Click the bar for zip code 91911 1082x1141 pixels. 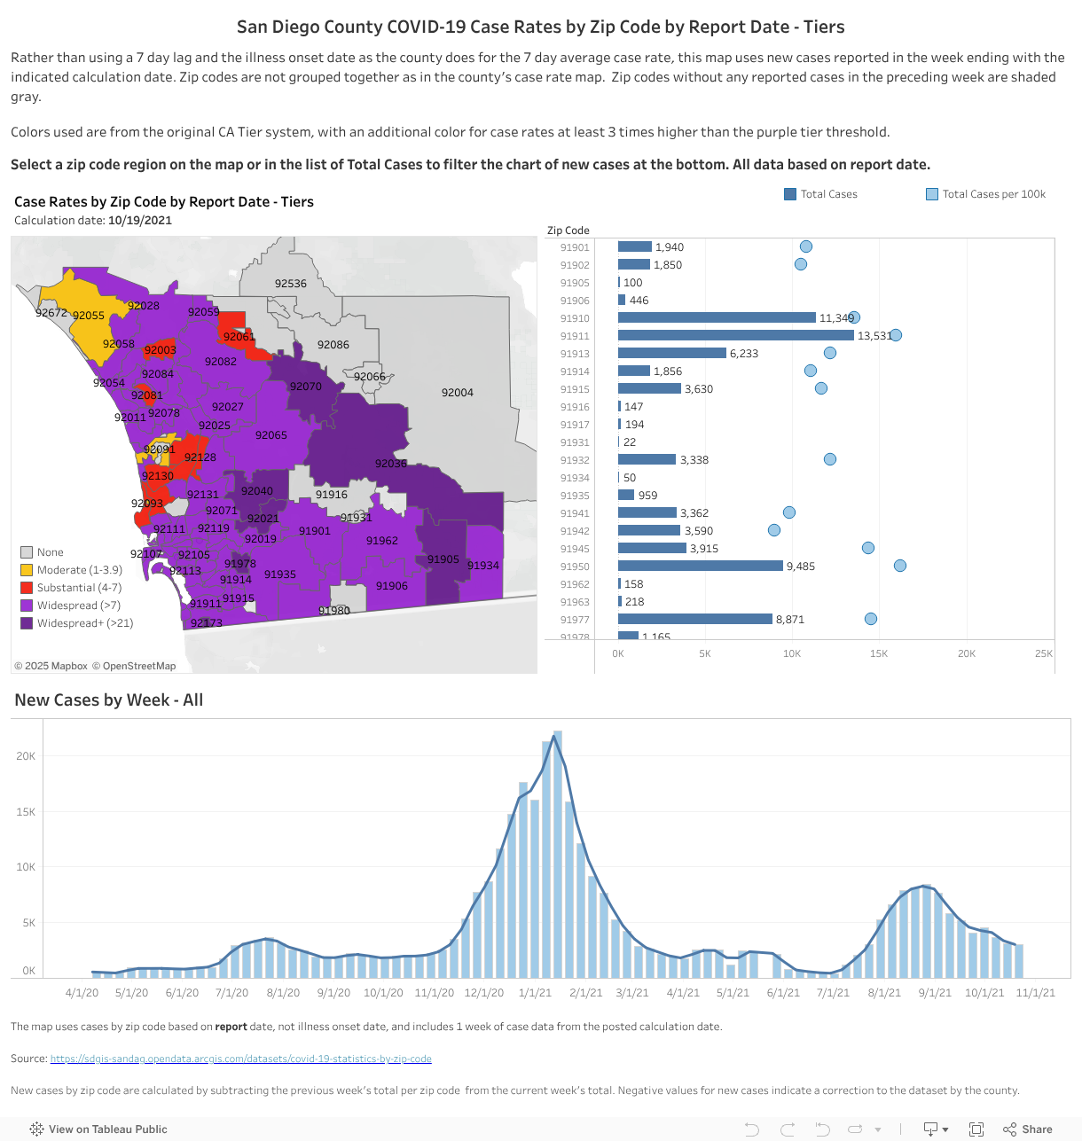tap(735, 336)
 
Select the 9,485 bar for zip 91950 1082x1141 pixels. tap(700, 567)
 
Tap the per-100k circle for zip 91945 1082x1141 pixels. tap(868, 549)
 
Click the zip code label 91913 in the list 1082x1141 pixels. tap(574, 354)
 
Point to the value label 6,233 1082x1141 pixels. tap(743, 354)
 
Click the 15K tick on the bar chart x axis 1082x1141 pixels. tap(878, 653)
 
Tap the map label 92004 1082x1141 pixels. tap(457, 393)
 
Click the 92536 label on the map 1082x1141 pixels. tap(290, 284)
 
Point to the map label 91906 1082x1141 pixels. tap(391, 586)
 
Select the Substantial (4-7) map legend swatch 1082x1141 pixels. tap(27, 588)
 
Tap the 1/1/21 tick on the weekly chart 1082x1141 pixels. tap(535, 993)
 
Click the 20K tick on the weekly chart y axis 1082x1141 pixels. tap(26, 756)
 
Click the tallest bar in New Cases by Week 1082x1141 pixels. tap(558, 851)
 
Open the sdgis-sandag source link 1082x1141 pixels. tap(240, 1059)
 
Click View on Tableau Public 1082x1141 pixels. tap(98, 1129)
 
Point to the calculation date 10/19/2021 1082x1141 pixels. tap(139, 221)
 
